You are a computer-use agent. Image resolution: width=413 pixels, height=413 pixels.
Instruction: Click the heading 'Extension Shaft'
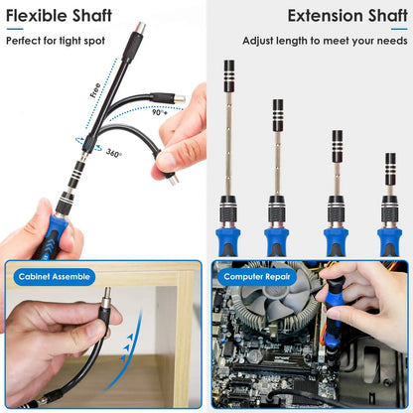coord(346,15)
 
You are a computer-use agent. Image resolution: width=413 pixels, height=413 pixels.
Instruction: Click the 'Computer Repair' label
coord(256,277)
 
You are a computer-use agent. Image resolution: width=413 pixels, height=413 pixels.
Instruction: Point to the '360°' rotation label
coord(114,154)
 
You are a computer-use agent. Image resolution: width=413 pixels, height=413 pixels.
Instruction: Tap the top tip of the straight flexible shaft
coord(139,29)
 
